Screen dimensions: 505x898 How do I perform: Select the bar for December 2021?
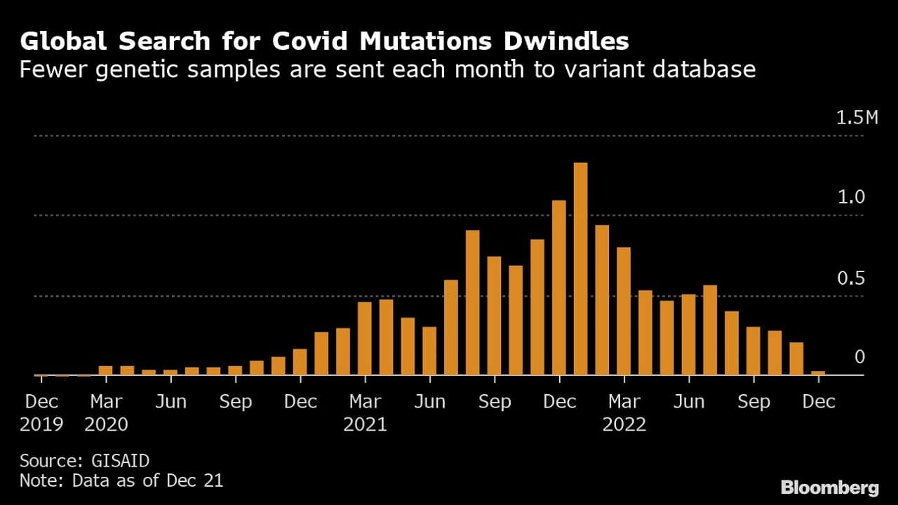coord(558,288)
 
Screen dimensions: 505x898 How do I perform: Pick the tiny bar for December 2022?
coord(817,373)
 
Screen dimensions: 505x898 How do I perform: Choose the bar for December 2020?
coord(300,362)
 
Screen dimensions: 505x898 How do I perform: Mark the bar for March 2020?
coord(105,370)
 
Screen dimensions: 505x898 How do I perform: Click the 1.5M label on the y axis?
coord(857,118)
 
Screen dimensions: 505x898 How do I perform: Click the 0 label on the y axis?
coord(859,358)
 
